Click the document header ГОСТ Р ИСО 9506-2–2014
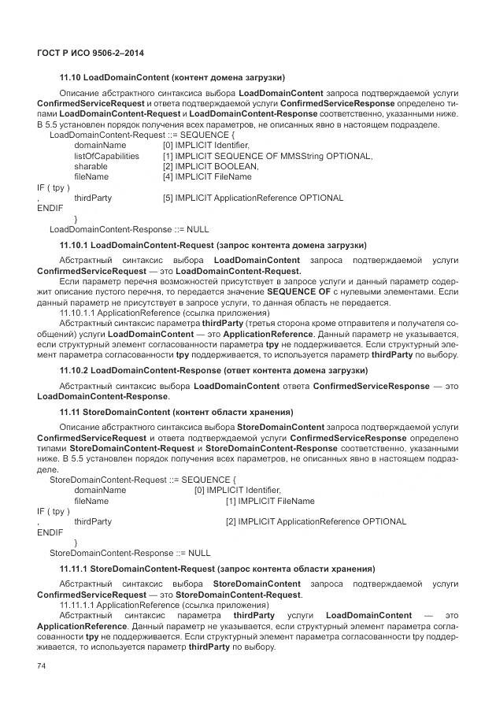(90, 53)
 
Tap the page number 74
(42, 666)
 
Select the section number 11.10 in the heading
(70, 77)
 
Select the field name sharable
(91, 167)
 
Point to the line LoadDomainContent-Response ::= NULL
(129, 229)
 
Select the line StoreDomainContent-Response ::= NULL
(130, 553)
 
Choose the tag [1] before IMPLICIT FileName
(231, 501)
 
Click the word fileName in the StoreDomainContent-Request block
(91, 501)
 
